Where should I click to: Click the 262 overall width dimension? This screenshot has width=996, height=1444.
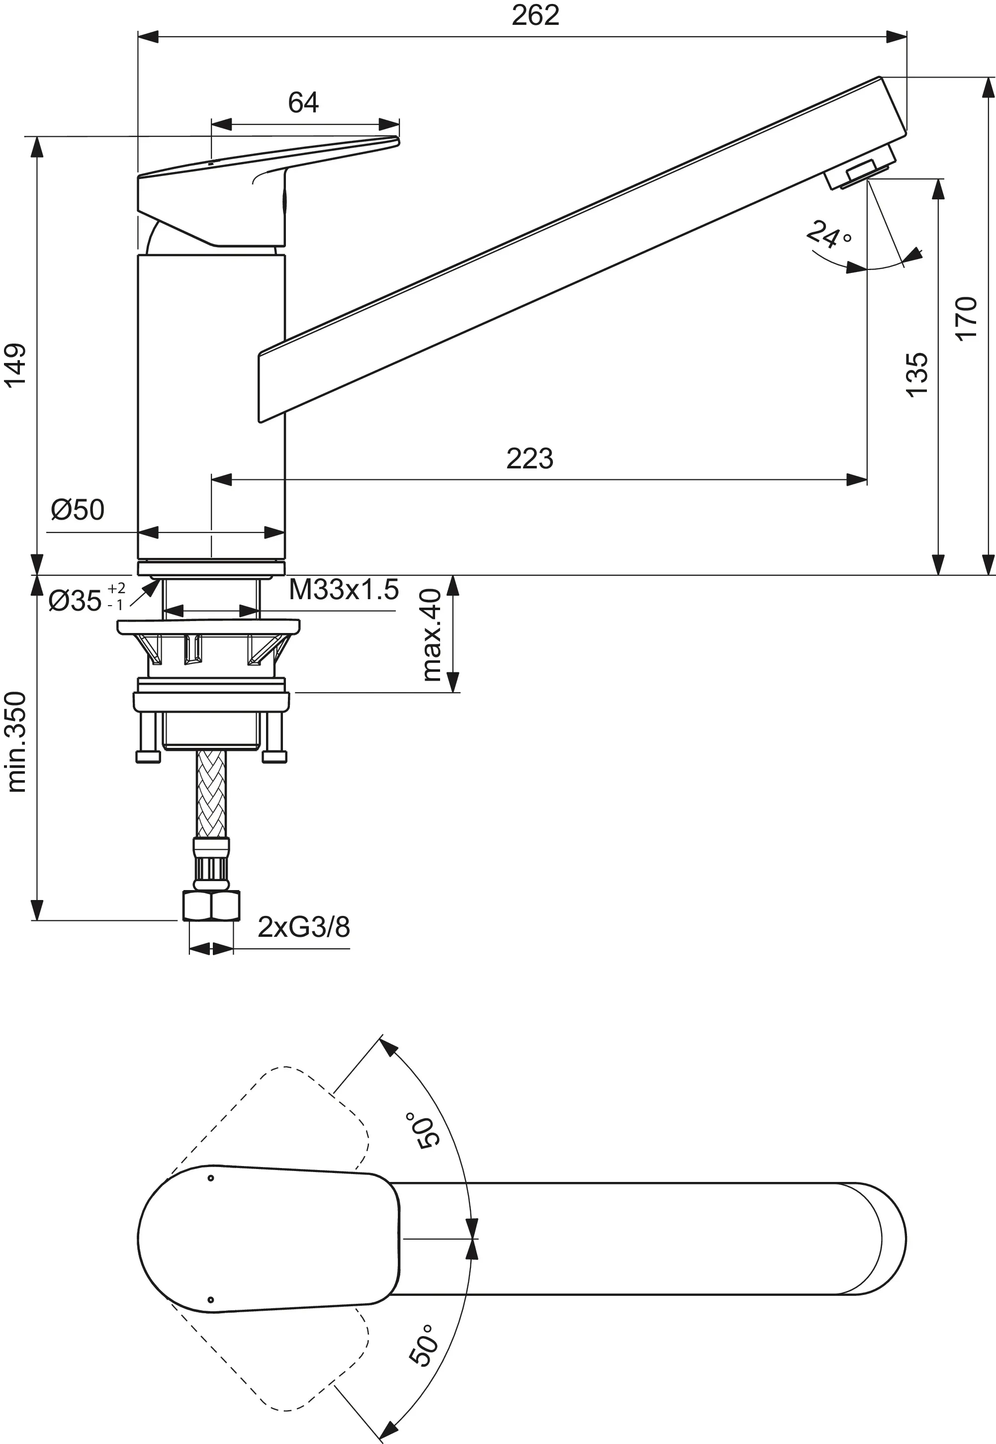point(535,15)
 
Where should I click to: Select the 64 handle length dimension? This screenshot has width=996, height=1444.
point(303,102)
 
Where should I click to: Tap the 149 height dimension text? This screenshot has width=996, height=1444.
point(15,365)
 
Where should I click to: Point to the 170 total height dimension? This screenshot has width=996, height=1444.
point(966,318)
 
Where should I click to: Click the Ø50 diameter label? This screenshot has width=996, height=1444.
point(78,510)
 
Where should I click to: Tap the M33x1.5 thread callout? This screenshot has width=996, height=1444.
point(343,590)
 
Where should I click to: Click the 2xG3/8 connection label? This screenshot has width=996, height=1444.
point(304,927)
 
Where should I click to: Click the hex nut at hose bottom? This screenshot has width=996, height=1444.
point(211,906)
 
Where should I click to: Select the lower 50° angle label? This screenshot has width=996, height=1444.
point(423,1346)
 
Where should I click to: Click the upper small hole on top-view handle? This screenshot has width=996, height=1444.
point(211,1177)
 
